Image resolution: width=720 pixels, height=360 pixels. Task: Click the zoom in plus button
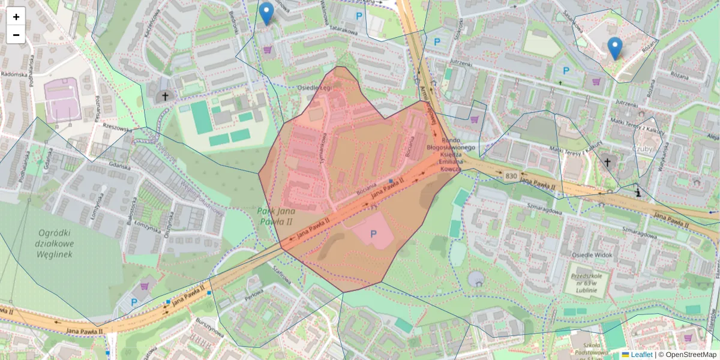pyautogui.click(x=16, y=17)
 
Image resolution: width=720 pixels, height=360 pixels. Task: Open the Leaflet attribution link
pyautogui.click(x=641, y=355)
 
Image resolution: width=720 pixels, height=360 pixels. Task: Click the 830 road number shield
pyautogui.click(x=511, y=176)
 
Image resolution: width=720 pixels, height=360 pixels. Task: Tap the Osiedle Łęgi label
pyautogui.click(x=315, y=88)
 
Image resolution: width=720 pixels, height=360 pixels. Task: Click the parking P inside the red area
pyautogui.click(x=374, y=235)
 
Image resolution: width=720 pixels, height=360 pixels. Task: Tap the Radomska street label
pyautogui.click(x=12, y=74)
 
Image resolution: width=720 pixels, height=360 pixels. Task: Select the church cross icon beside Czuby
pyautogui.click(x=607, y=162)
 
